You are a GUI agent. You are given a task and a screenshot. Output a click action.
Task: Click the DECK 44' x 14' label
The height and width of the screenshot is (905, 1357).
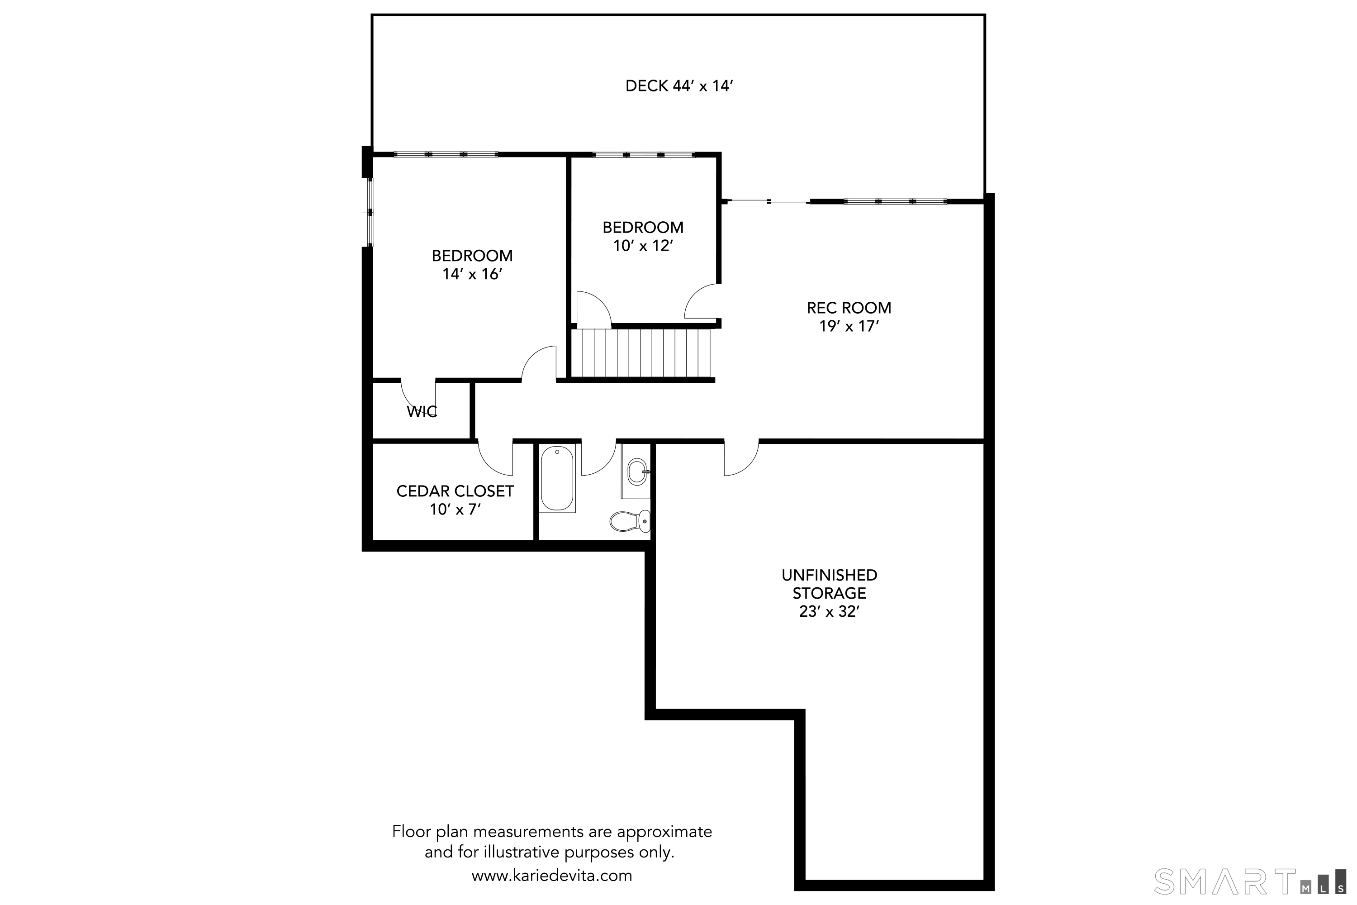[679, 86]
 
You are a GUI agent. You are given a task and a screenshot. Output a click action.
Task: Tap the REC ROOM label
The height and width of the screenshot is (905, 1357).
[849, 308]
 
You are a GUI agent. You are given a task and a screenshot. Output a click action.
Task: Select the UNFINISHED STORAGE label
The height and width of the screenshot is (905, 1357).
[829, 584]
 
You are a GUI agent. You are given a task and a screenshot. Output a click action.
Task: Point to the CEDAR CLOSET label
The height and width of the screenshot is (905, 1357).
[455, 491]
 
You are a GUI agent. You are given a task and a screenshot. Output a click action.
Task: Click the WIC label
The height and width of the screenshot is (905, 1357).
[422, 411]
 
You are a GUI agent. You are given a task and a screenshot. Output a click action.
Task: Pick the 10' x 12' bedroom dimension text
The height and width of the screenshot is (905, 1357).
[643, 246]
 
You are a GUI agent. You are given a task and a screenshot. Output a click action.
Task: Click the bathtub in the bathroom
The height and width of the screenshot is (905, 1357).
[557, 478]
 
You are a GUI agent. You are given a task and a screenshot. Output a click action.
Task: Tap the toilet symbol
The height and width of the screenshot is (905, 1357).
[630, 521]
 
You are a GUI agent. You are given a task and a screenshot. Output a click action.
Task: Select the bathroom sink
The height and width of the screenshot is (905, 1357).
[637, 472]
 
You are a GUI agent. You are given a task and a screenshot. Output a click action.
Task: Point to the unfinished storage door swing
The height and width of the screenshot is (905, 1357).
[741, 458]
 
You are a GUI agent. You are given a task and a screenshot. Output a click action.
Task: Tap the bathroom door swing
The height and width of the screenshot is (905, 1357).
[599, 458]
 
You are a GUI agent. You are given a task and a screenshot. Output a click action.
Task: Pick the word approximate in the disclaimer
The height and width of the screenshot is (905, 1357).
[664, 832]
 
